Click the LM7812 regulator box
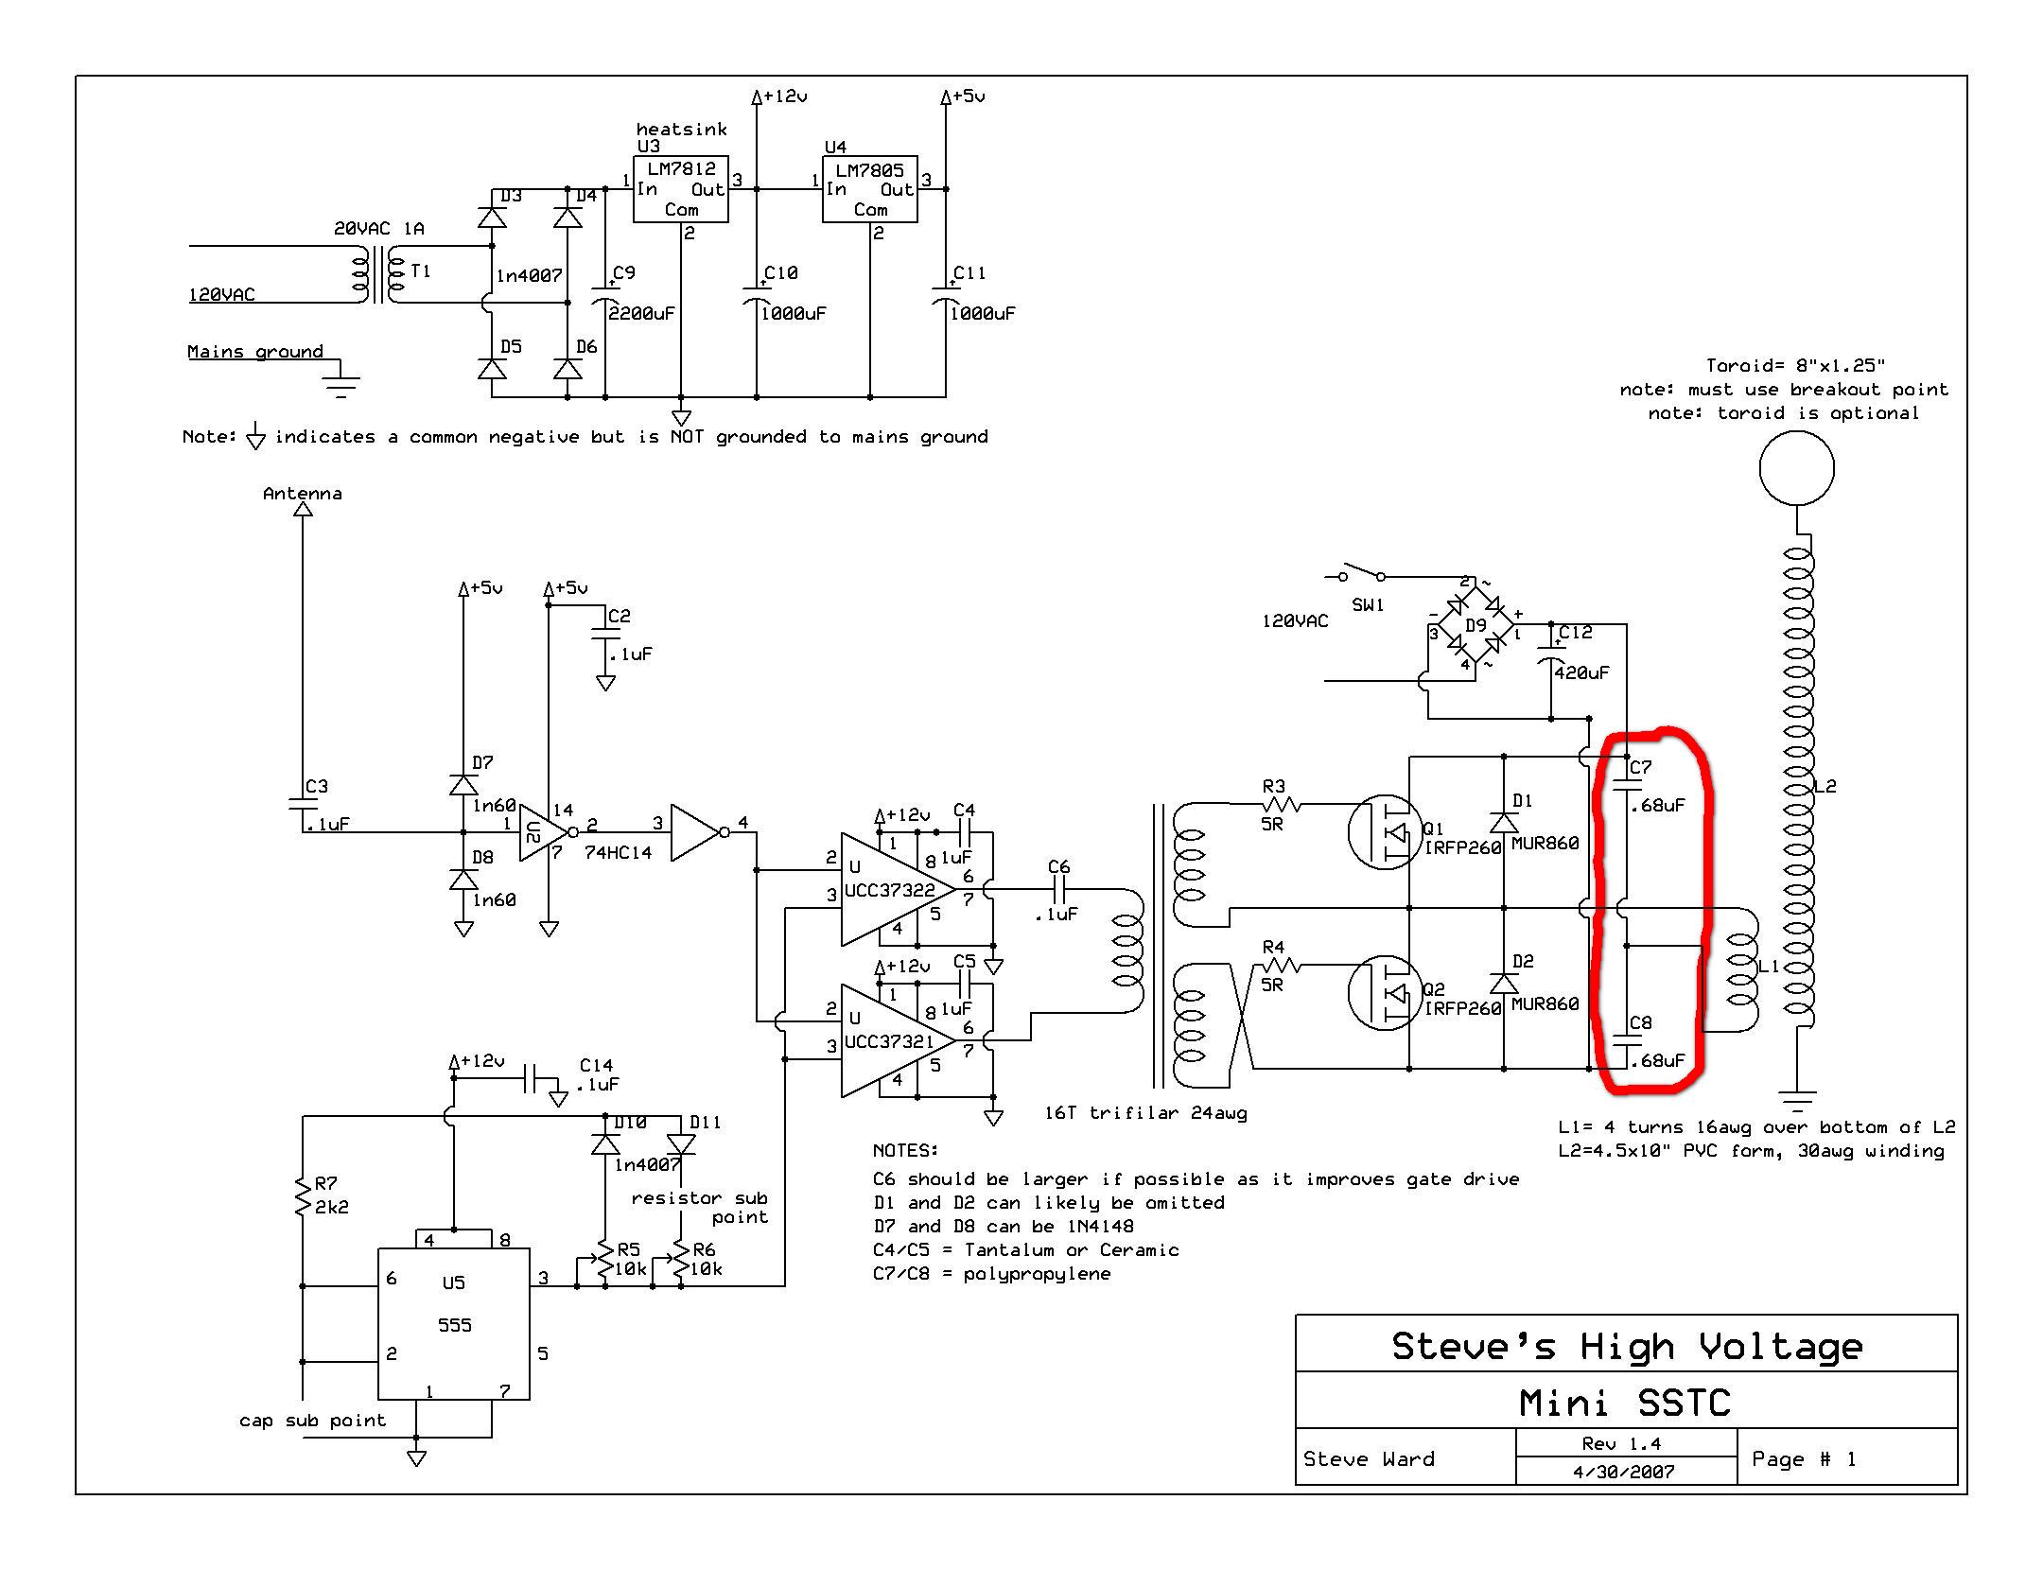[x=681, y=189]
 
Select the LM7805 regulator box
[x=870, y=189]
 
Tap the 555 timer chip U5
[x=454, y=1324]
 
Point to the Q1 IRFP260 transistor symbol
[x=1385, y=832]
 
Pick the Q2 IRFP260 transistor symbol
[x=1385, y=993]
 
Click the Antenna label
[x=303, y=493]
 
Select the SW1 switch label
[x=1368, y=604]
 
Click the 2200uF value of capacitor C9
[x=642, y=313]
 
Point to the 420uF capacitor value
[x=1582, y=672]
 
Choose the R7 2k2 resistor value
[x=332, y=1207]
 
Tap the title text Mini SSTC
[x=1625, y=1402]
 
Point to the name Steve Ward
[x=1369, y=1458]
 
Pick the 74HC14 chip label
[x=619, y=852]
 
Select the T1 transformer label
[x=422, y=271]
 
